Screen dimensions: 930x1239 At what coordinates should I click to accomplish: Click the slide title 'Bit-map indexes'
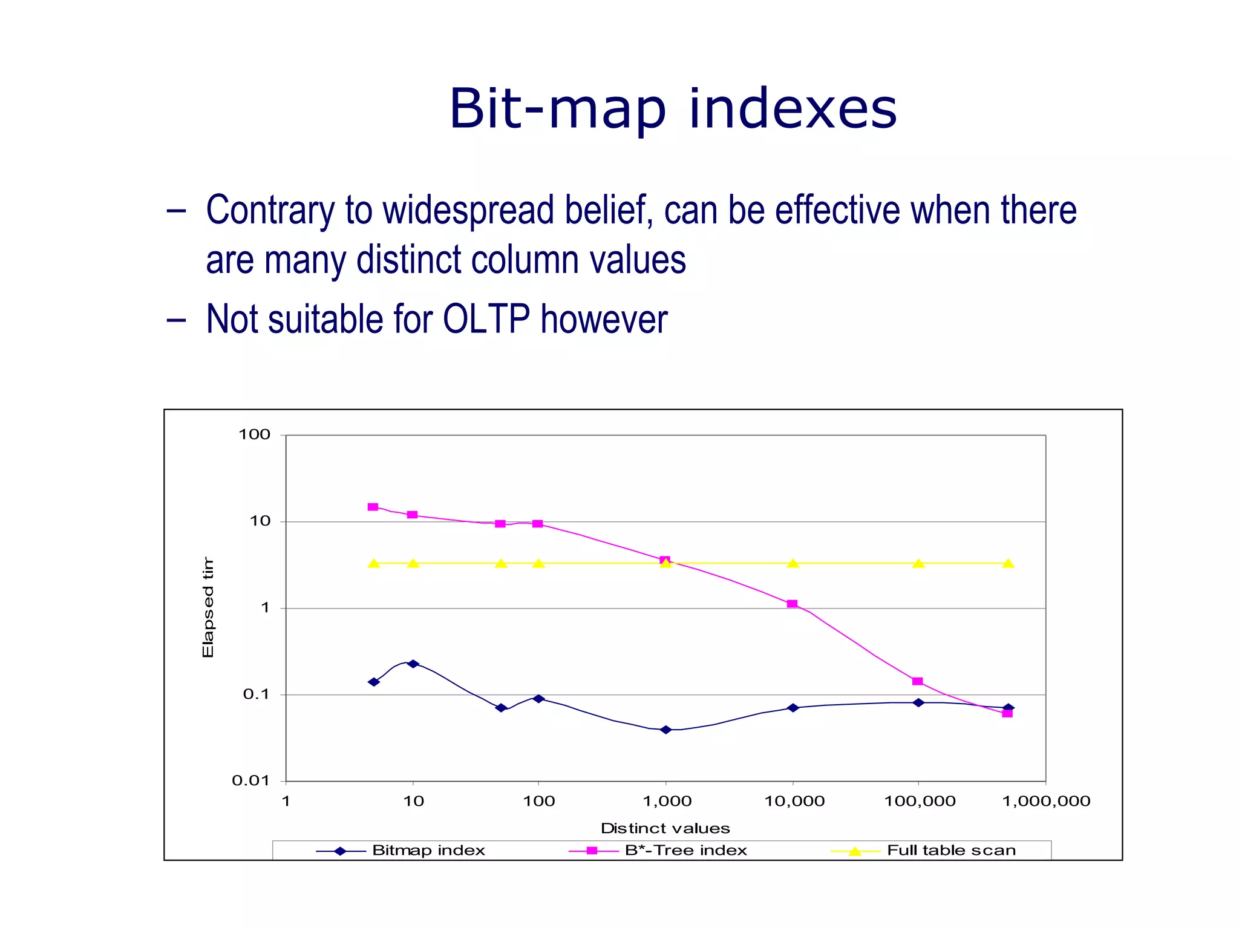(673, 109)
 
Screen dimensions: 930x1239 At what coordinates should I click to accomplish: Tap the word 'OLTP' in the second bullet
(486, 319)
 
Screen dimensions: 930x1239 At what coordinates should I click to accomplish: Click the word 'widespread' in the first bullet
(468, 210)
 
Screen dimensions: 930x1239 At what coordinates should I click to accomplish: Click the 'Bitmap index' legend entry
(428, 850)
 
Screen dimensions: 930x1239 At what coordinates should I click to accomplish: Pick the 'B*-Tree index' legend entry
(685, 850)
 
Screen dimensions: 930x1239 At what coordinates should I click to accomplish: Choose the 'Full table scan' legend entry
(951, 850)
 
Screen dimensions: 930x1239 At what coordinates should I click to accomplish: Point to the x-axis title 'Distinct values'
(665, 828)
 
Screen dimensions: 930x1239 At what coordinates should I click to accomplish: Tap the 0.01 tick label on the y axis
(250, 781)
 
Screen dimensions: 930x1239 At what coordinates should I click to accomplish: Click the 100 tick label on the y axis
(254, 435)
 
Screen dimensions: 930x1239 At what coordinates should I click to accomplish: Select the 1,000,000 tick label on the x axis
(1046, 801)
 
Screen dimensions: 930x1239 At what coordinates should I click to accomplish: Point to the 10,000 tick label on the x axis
(794, 801)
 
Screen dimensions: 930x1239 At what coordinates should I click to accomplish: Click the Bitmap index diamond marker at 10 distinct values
(413, 664)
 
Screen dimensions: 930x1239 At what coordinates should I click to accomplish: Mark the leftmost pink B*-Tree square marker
(373, 507)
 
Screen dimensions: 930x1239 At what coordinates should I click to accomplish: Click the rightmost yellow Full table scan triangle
(1008, 564)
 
